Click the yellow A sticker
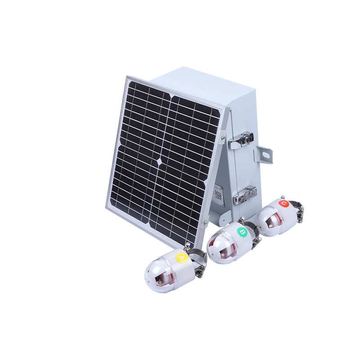tap(182, 258)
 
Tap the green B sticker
tap(242, 232)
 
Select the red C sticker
tap(283, 203)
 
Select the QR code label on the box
tap(218, 195)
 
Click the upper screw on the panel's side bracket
tap(222, 134)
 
